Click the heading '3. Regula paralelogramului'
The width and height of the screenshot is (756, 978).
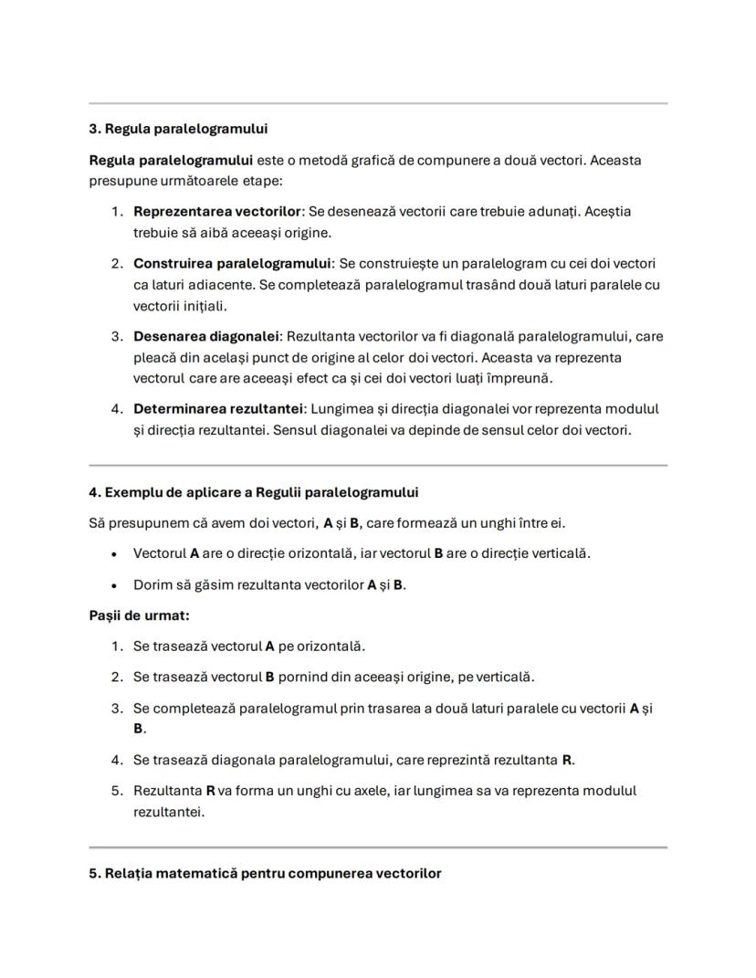(178, 129)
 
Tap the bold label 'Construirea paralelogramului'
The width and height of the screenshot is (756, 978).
(232, 264)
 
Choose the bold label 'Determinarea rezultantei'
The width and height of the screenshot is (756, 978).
(217, 409)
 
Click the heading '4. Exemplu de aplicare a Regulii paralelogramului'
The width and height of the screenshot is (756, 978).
(253, 493)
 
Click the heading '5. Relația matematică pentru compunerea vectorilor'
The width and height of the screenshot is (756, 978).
(265, 874)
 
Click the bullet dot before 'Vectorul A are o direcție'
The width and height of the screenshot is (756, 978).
(113, 554)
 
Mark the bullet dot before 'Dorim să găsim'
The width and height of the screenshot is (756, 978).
(113, 585)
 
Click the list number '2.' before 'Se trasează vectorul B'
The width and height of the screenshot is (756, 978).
(117, 678)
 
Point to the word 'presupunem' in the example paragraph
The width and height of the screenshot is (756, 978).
(144, 524)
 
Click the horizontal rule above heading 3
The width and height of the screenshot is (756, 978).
(378, 103)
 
